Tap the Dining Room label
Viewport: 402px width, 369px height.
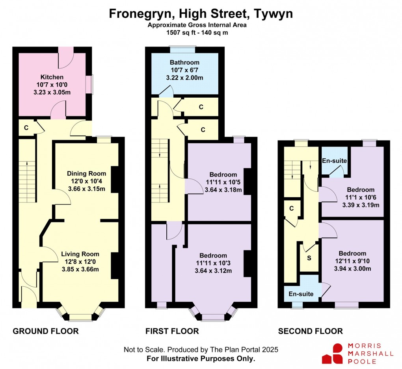tap(86, 174)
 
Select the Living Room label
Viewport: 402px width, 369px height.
tap(83, 254)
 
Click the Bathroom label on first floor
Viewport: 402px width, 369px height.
tap(184, 62)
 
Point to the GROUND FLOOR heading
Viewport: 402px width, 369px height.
tap(46, 331)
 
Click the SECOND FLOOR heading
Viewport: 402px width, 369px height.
tap(311, 331)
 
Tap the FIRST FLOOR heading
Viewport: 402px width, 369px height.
tap(172, 331)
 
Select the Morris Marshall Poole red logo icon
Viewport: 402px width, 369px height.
tap(332, 353)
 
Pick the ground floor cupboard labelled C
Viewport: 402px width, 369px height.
tap(26, 128)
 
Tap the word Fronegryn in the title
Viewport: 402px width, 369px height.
tap(141, 14)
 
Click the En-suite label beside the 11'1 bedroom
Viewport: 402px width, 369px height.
tap(335, 161)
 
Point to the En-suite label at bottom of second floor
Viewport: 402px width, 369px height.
tap(301, 294)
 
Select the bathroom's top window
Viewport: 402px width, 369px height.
tap(182, 49)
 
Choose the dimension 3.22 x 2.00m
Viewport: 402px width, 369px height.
tap(184, 78)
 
